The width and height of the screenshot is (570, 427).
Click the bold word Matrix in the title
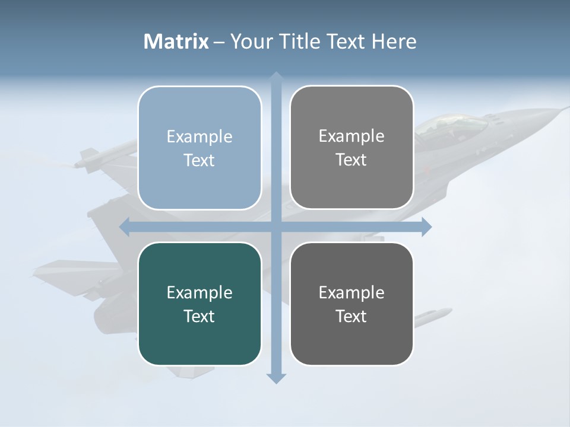[176, 42]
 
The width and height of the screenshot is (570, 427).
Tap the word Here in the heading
[394, 42]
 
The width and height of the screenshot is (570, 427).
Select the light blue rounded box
[199, 148]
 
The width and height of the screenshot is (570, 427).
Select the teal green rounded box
[199, 304]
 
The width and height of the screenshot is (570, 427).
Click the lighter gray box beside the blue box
[351, 147]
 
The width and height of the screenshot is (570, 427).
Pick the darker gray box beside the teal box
[351, 304]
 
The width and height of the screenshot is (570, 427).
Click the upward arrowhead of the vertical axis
[276, 77]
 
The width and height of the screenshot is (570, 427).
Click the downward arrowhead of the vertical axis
[276, 378]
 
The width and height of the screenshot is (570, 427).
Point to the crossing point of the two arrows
[276, 227]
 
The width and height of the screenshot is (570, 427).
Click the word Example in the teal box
[199, 292]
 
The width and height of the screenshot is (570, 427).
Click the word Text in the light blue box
[199, 160]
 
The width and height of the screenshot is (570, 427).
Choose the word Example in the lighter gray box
[351, 136]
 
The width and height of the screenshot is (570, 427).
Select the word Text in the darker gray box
[351, 316]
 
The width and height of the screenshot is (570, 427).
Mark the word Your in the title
[250, 42]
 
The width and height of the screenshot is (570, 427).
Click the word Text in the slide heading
[347, 42]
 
